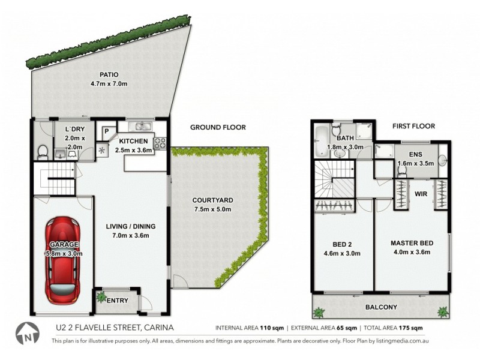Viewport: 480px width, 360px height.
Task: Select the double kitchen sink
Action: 142,127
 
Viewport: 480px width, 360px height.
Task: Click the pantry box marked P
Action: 106,131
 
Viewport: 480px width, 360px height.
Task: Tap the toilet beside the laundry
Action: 40,153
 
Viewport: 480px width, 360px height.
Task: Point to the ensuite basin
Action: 442,160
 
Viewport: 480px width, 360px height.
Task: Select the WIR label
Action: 420,194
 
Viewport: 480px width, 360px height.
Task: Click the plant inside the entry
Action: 100,296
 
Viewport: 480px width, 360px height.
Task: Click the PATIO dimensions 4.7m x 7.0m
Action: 109,84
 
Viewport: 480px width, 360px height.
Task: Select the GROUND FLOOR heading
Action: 218,127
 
